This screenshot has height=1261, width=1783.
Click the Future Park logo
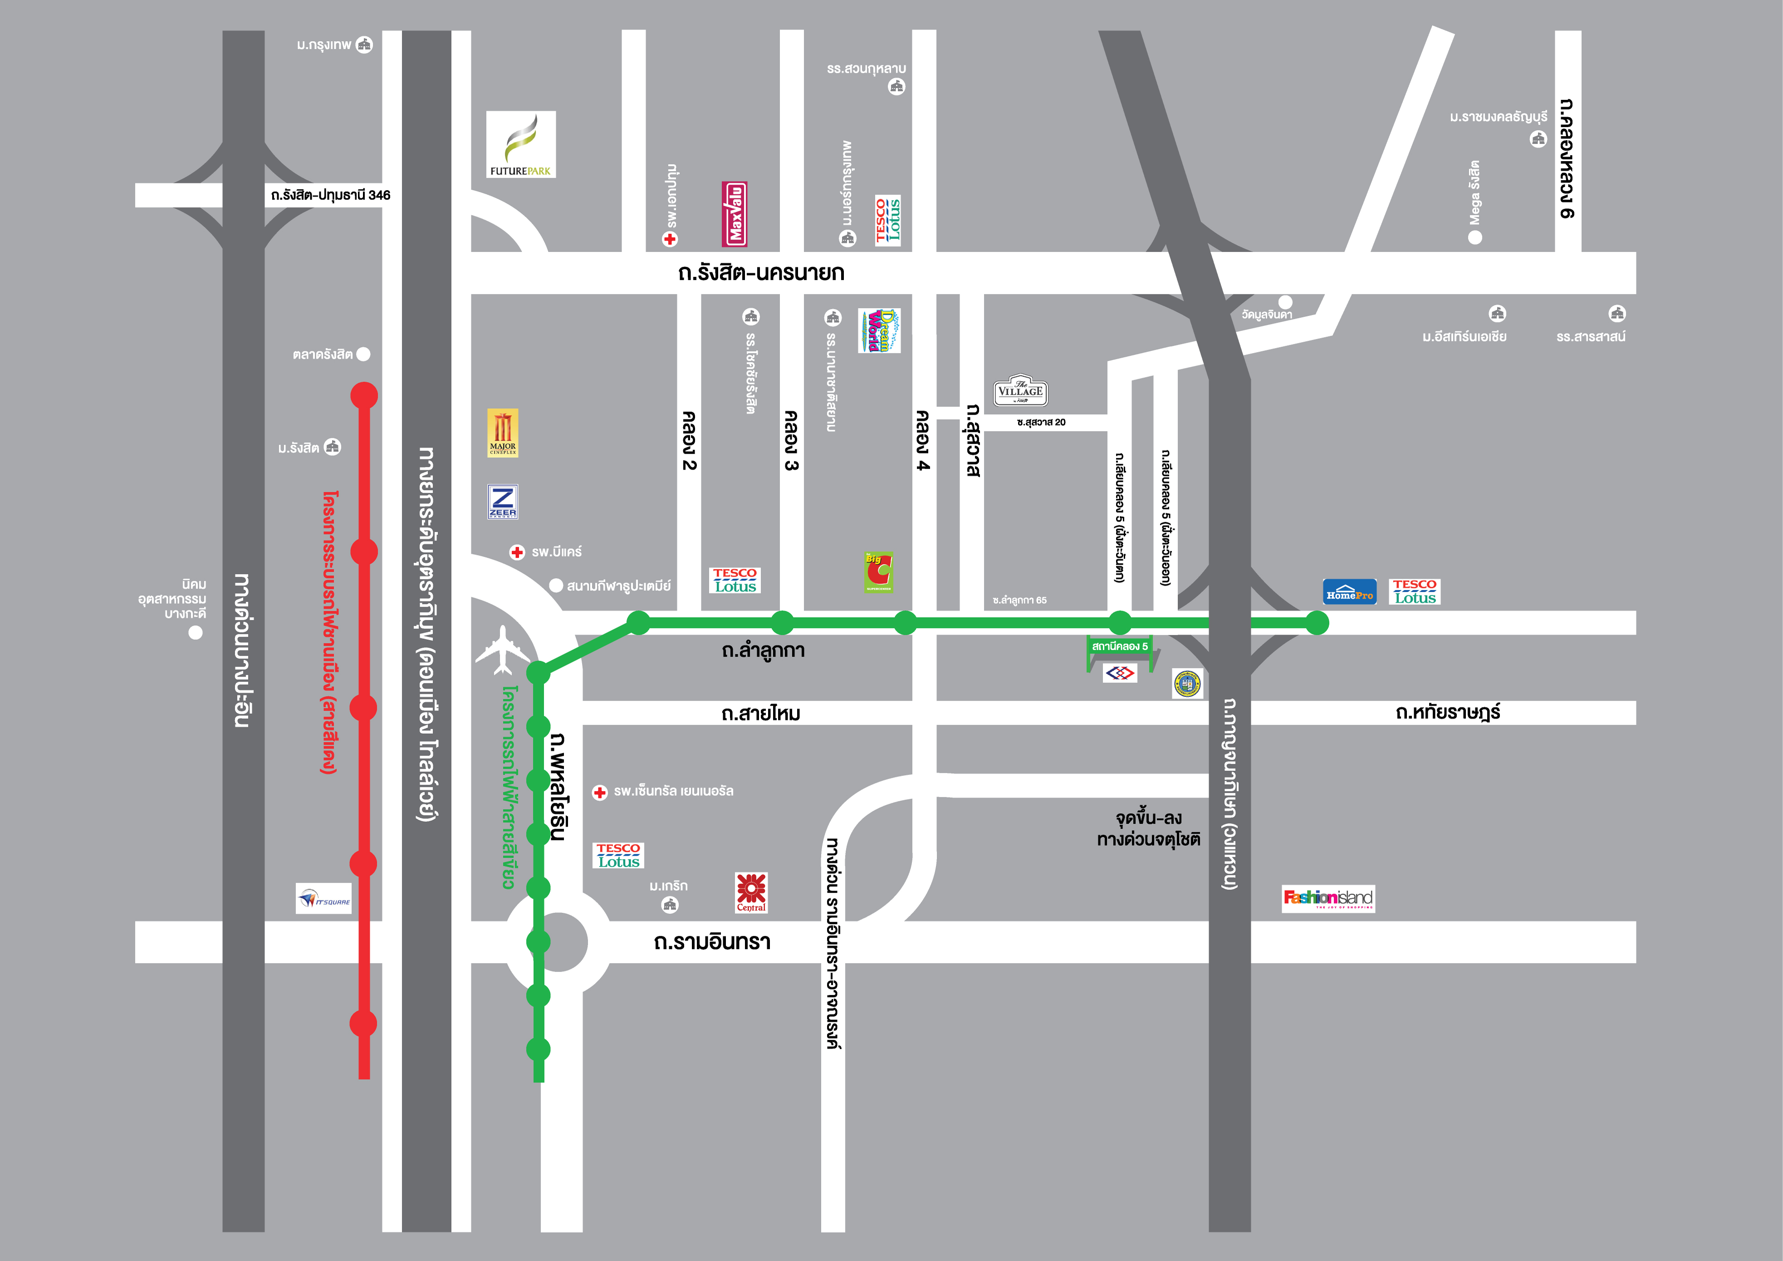click(520, 144)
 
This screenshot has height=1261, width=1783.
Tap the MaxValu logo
click(735, 214)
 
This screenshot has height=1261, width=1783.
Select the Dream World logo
click(879, 331)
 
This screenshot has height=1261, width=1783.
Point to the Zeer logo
click(502, 501)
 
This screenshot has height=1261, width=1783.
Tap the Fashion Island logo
click(1328, 898)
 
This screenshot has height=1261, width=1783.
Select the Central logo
click(751, 892)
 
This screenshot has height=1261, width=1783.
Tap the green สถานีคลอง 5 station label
click(1119, 646)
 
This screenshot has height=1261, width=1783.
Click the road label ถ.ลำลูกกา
click(763, 651)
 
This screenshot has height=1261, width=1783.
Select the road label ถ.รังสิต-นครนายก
click(760, 273)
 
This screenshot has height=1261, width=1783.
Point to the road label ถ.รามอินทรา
click(712, 942)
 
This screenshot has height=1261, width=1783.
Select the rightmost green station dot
click(1317, 623)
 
